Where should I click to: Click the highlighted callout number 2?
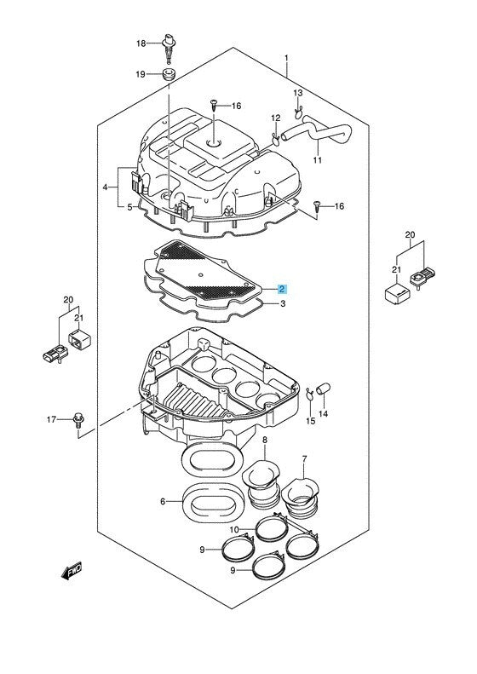click(282, 290)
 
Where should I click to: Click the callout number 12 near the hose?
click(275, 118)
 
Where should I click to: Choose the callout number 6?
click(163, 502)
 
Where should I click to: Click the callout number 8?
click(265, 441)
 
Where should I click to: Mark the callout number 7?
click(303, 460)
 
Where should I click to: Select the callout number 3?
click(282, 303)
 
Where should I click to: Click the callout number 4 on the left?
click(106, 187)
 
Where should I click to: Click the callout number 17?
click(50, 420)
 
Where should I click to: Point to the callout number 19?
click(141, 75)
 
